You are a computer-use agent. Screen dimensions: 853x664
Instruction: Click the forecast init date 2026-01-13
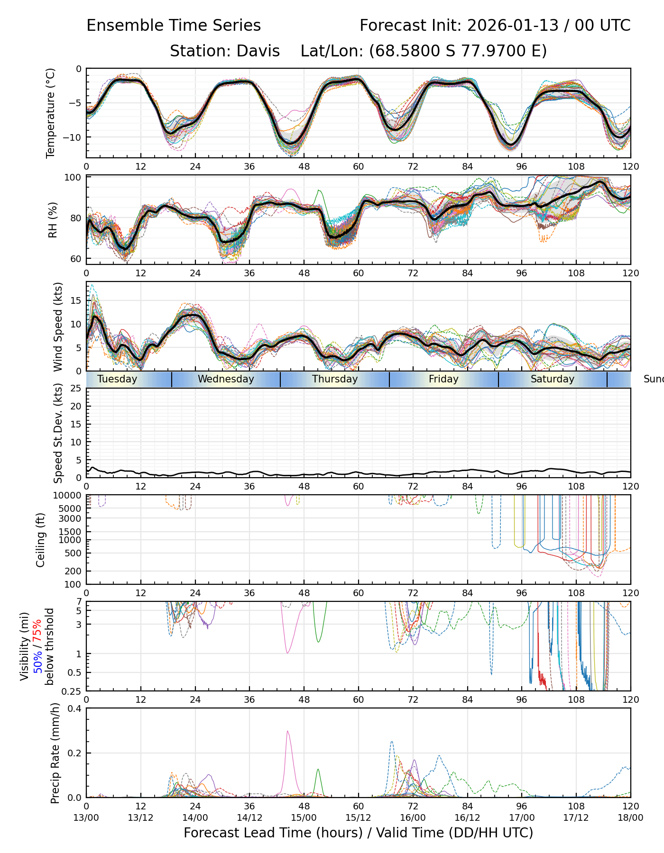513,26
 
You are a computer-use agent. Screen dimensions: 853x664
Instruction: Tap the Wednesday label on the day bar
226,379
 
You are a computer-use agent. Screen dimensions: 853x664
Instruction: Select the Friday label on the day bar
443,379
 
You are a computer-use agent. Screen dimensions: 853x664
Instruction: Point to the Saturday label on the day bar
552,379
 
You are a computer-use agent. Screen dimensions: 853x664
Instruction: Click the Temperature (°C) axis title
51,113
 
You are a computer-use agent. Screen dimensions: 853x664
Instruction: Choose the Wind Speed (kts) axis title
58,327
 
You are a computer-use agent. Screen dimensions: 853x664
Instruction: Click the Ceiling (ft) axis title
41,539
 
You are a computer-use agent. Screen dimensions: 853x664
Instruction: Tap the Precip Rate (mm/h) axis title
55,753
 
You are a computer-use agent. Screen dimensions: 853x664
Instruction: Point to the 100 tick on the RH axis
73,178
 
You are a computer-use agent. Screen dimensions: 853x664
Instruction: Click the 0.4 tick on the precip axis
75,709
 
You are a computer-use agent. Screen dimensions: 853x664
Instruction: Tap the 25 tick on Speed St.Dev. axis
76,389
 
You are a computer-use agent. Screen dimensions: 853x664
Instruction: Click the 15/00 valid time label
304,818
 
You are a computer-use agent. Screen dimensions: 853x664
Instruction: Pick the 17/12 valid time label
576,818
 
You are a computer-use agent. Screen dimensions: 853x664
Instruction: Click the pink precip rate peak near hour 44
287,732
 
